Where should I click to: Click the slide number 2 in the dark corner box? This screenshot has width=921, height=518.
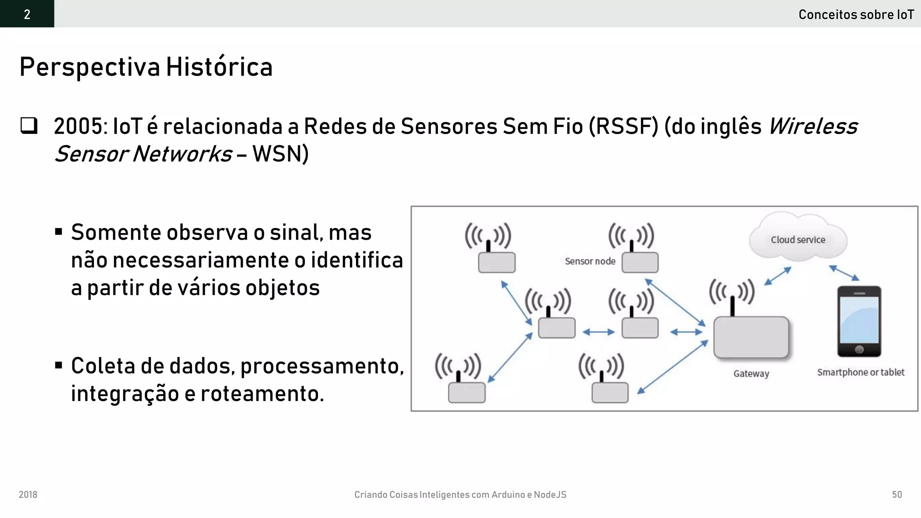pyautogui.click(x=27, y=14)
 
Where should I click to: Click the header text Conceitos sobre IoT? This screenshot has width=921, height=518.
pyautogui.click(x=856, y=14)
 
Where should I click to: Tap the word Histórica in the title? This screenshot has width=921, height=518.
pyautogui.click(x=219, y=67)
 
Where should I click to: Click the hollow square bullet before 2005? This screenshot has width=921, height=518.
pyautogui.click(x=29, y=125)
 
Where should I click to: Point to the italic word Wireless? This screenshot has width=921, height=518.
pyautogui.click(x=813, y=126)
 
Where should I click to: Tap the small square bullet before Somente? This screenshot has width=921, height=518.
pyautogui.click(x=58, y=232)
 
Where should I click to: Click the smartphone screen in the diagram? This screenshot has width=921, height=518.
pyautogui.click(x=859, y=319)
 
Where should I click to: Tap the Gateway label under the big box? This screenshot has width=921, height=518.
pyautogui.click(x=751, y=373)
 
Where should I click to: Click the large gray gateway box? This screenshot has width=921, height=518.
pyautogui.click(x=751, y=337)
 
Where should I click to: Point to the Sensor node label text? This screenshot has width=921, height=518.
pyautogui.click(x=590, y=261)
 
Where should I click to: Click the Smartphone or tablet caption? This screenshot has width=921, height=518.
pyautogui.click(x=860, y=372)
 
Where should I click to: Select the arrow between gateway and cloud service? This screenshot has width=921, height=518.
pyautogui.click(x=778, y=276)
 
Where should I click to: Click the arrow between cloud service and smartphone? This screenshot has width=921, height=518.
pyautogui.click(x=844, y=273)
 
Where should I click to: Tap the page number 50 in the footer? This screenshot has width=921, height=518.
pyautogui.click(x=897, y=495)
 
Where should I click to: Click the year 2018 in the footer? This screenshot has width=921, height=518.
pyautogui.click(x=28, y=495)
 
